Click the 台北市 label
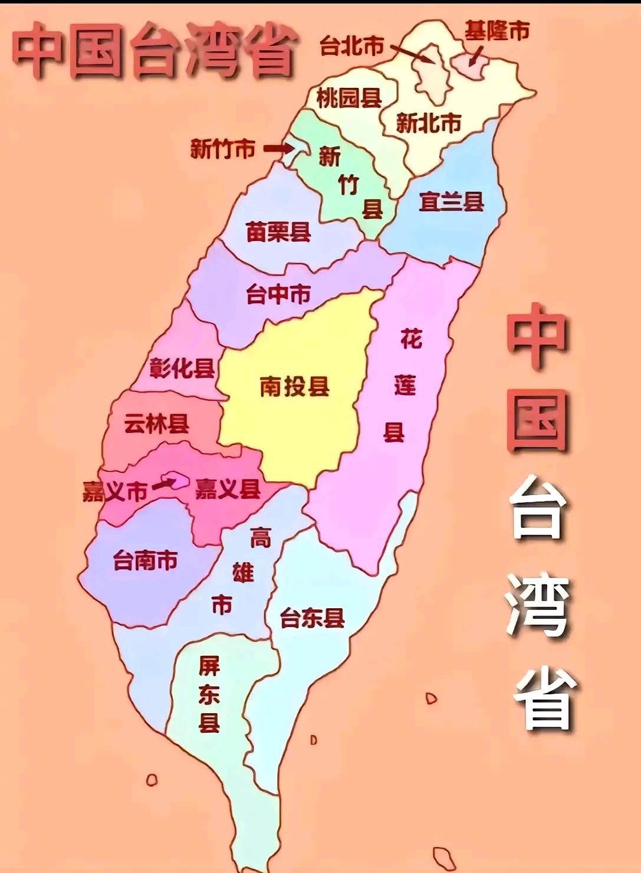click(352, 45)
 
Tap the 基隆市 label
click(497, 31)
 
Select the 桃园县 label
click(349, 98)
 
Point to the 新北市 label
click(428, 123)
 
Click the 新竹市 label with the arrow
click(222, 149)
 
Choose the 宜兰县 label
click(451, 202)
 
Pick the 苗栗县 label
click(278, 232)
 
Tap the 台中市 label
click(278, 294)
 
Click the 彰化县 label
click(182, 369)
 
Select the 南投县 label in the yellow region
click(294, 387)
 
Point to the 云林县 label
click(156, 423)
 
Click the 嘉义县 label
click(228, 489)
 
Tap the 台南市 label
click(145, 560)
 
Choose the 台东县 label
click(312, 619)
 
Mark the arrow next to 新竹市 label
click(275, 149)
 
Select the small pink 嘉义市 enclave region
click(178, 480)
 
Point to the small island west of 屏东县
click(152, 780)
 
